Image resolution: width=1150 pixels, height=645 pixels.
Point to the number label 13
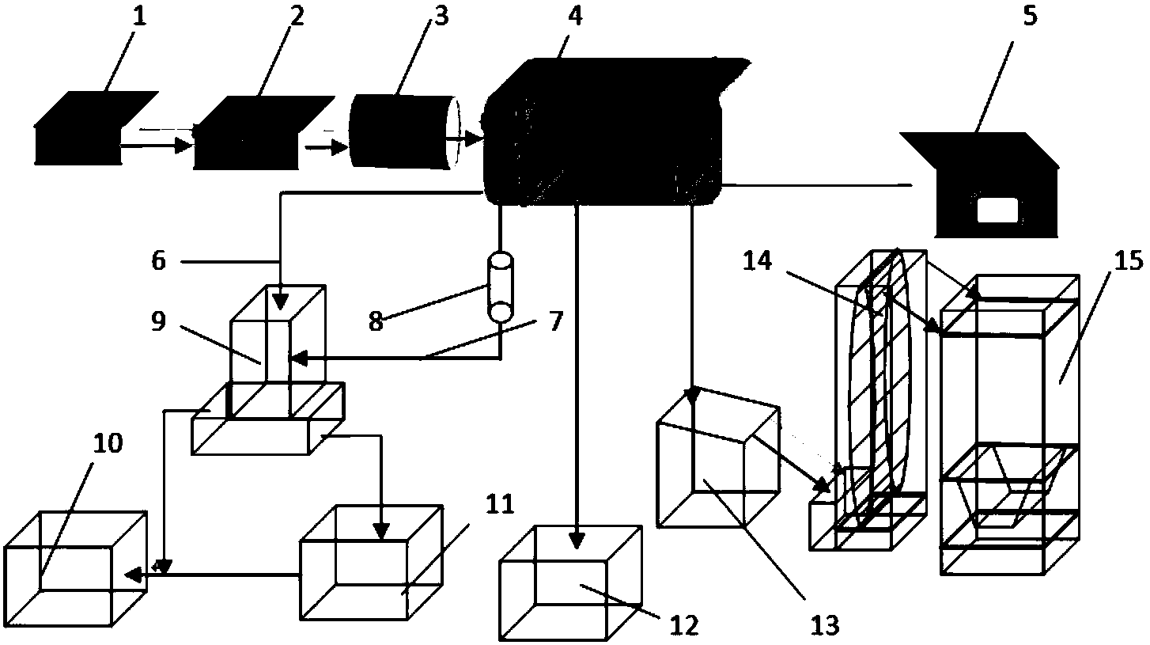[823, 624]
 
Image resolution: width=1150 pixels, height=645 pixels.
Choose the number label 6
[159, 260]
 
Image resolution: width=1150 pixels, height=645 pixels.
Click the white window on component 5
[997, 211]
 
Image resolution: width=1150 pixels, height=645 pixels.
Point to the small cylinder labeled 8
[500, 287]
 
